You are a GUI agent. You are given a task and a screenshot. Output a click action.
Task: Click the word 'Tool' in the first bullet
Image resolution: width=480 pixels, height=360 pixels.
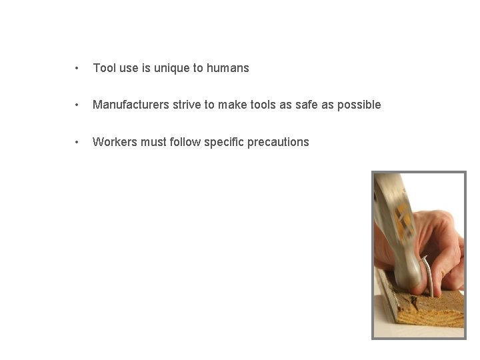(x=104, y=68)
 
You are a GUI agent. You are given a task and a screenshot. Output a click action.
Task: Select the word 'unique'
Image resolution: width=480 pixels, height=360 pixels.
(x=169, y=68)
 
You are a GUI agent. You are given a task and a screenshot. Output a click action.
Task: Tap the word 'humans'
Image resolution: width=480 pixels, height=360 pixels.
(x=227, y=68)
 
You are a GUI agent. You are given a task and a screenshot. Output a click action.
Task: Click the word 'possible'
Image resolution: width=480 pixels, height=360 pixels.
(x=360, y=105)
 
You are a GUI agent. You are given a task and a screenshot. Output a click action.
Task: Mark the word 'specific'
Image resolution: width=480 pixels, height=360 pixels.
(x=223, y=142)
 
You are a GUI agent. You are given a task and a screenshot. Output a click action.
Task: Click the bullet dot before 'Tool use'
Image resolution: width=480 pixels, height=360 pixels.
(x=78, y=68)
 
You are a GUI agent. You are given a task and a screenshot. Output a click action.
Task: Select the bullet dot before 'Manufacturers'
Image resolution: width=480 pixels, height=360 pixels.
(x=78, y=105)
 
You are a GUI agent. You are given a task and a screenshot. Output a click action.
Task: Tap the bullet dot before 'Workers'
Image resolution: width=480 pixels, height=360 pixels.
(x=78, y=142)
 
